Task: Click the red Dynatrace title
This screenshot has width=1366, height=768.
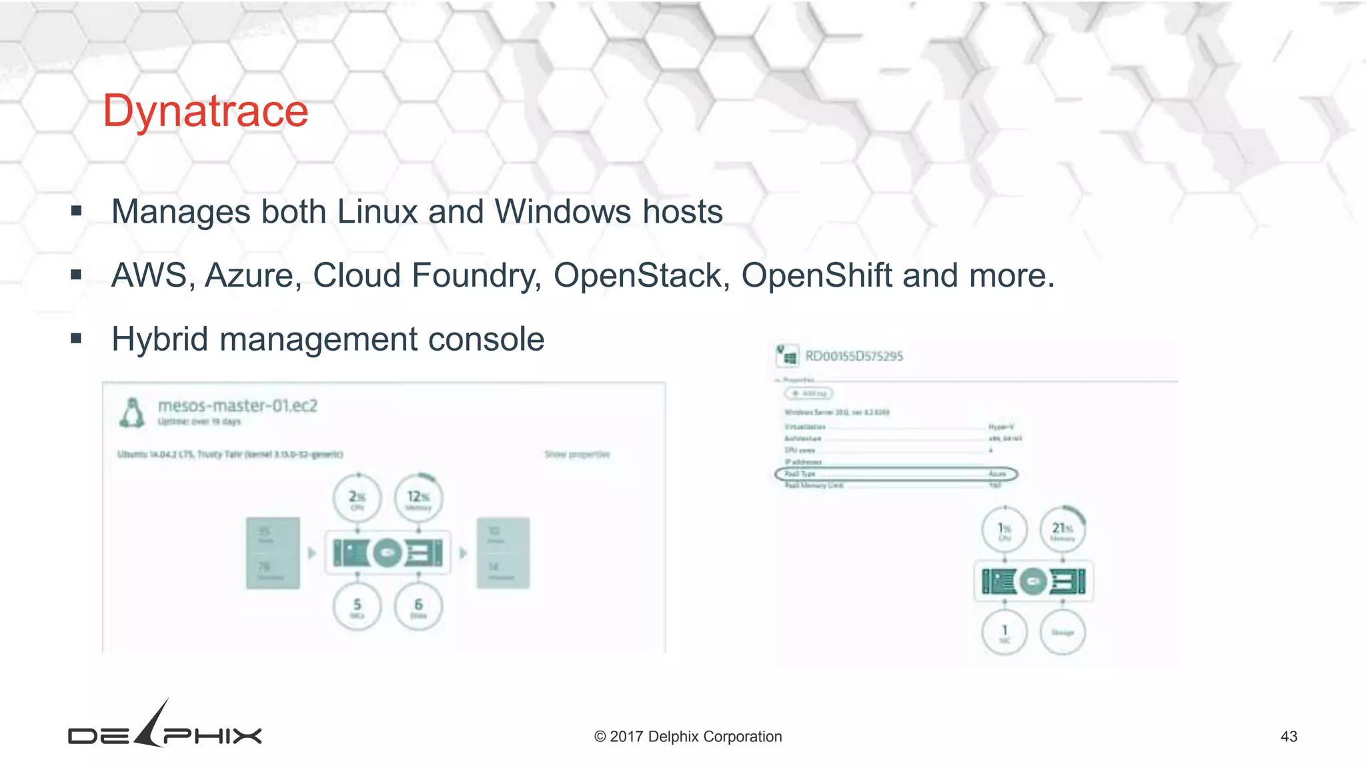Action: (205, 111)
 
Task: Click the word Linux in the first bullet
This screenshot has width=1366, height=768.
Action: (377, 212)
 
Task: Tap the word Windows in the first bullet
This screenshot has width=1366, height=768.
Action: (562, 212)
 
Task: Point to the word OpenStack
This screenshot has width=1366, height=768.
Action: (638, 275)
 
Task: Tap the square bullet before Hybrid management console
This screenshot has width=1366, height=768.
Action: (76, 339)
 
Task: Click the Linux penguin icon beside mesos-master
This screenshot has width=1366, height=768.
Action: (132, 413)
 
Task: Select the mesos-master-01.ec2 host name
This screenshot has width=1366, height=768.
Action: (237, 405)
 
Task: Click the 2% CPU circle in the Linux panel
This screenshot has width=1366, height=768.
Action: (358, 498)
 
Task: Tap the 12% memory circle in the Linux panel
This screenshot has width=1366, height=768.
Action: (419, 498)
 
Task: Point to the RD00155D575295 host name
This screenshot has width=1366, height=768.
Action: (854, 356)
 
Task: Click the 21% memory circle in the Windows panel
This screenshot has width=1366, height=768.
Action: (1063, 530)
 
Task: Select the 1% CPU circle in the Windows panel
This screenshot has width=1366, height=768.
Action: (1004, 530)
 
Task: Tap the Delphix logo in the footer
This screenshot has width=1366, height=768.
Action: (165, 727)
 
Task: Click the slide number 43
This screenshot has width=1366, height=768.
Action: (1289, 737)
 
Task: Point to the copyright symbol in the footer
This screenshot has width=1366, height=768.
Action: (600, 737)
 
